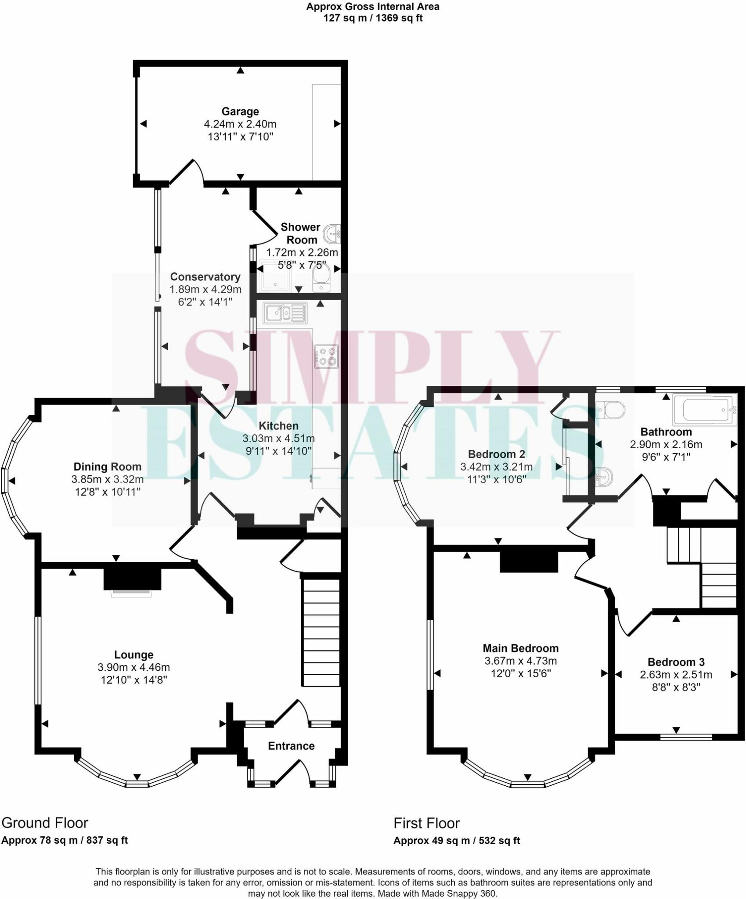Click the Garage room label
click(240, 111)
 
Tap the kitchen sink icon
click(285, 313)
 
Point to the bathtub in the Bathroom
click(704, 410)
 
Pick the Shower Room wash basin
click(332, 234)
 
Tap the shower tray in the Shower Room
click(274, 276)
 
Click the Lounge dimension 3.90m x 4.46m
click(134, 667)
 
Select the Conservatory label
click(205, 277)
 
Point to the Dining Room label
click(108, 467)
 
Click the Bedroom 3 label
click(676, 662)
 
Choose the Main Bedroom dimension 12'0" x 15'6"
click(521, 673)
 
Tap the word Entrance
click(291, 746)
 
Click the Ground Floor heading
click(45, 823)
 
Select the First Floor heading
click(426, 823)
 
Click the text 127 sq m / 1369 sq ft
click(373, 18)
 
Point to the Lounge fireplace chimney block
click(132, 579)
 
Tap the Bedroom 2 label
click(497, 454)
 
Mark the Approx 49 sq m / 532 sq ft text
click(457, 841)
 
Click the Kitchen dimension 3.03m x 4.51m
click(278, 438)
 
